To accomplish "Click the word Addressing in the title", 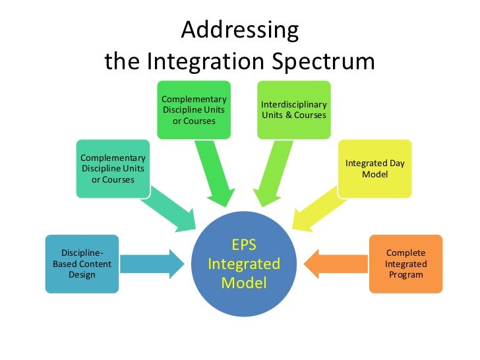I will [239, 30].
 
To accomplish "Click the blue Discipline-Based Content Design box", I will [82, 264].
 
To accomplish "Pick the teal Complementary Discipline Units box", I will [113, 169].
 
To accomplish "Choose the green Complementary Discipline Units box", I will [194, 110].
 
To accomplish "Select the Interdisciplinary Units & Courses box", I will [293, 110].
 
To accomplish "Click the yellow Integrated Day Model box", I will [375, 169].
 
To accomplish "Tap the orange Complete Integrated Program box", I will [405, 264].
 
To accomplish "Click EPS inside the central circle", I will [244, 245].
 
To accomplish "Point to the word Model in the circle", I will [244, 284].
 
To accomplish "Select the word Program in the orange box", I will [405, 274].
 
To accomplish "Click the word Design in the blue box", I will [82, 274].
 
